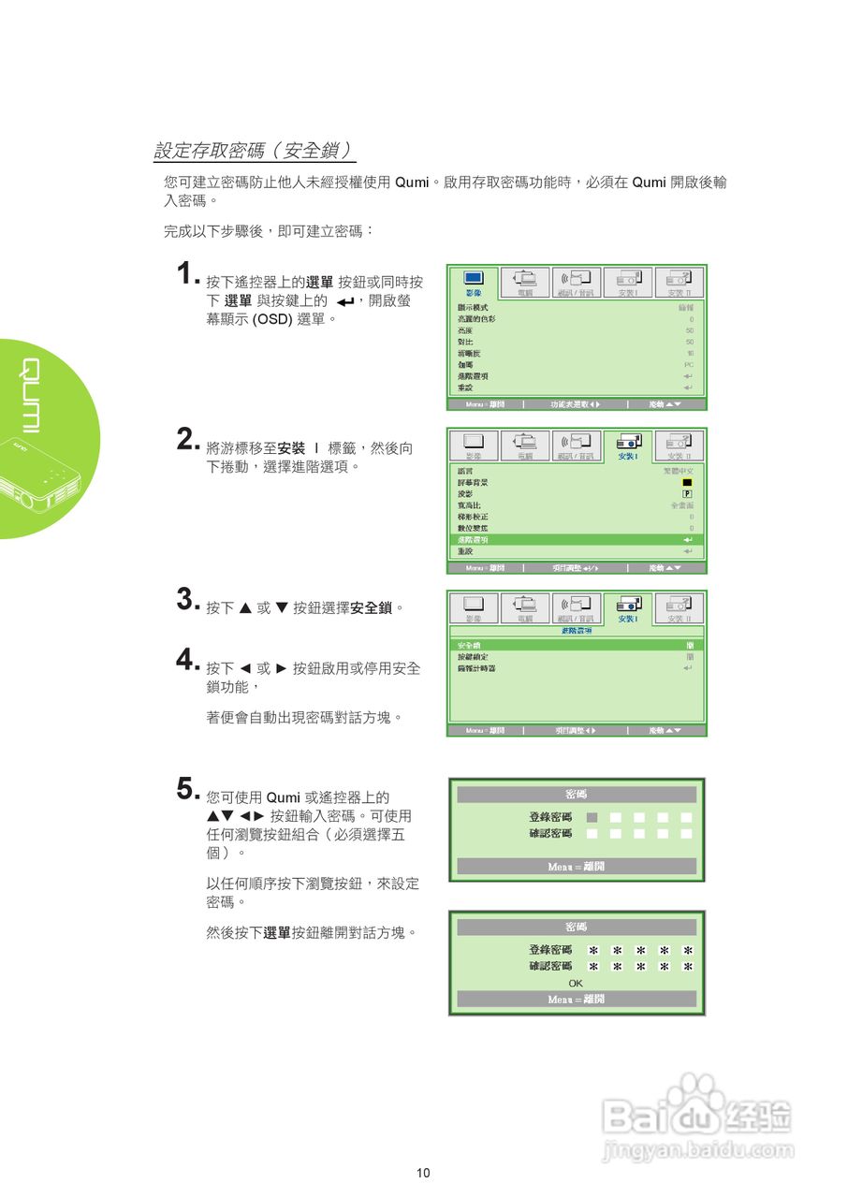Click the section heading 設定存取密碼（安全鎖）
[x=254, y=151]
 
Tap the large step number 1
[x=187, y=274]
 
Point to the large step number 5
[x=187, y=788]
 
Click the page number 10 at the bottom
[x=423, y=1173]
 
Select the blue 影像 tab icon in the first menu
[x=474, y=278]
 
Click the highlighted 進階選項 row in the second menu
[x=576, y=540]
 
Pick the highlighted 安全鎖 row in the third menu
[x=576, y=646]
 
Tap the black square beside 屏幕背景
[x=688, y=483]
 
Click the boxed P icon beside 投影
[x=688, y=494]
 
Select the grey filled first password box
[x=591, y=817]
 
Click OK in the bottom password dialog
[x=576, y=983]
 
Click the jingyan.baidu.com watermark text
[x=698, y=1150]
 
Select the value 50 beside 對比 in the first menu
[x=690, y=342]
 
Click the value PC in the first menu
[x=689, y=365]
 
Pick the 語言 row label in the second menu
[x=464, y=471]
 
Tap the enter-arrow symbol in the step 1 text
[x=345, y=301]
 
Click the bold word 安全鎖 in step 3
[x=371, y=608]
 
